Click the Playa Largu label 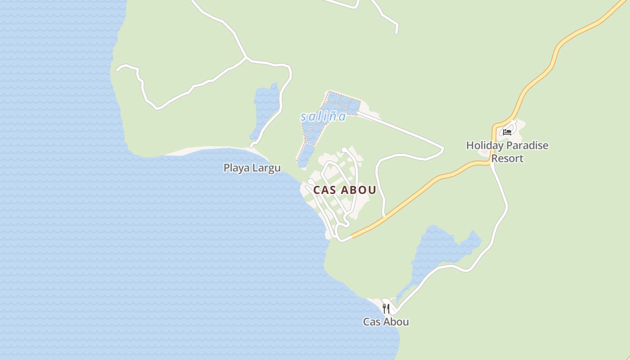coord(252,168)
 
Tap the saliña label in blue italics coord(323,117)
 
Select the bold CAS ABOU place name coord(345,190)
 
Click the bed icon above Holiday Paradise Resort coord(507,132)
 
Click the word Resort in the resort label coord(507,158)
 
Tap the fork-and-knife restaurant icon coord(386,308)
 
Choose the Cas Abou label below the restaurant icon coord(386,322)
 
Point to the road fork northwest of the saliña coord(246,58)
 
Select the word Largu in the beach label coord(266,168)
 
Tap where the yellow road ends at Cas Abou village coord(352,236)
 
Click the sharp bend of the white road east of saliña coord(443,148)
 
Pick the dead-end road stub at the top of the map coord(396,32)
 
